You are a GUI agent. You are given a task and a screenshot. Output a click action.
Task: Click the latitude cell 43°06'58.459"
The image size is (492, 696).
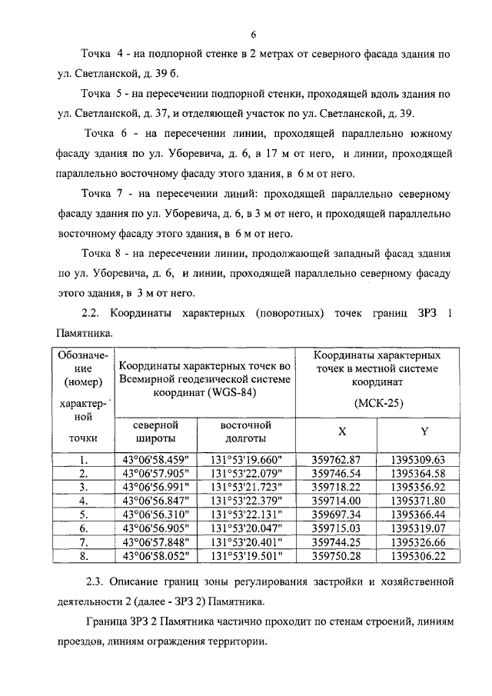click(155, 460)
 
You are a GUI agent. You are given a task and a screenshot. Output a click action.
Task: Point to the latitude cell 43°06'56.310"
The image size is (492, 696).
click(155, 514)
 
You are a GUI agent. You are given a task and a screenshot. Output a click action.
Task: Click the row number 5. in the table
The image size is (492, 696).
click(84, 514)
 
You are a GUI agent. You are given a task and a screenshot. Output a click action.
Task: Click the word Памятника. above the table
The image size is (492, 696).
click(85, 334)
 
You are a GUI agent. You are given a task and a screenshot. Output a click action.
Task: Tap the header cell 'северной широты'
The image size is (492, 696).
click(155, 431)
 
